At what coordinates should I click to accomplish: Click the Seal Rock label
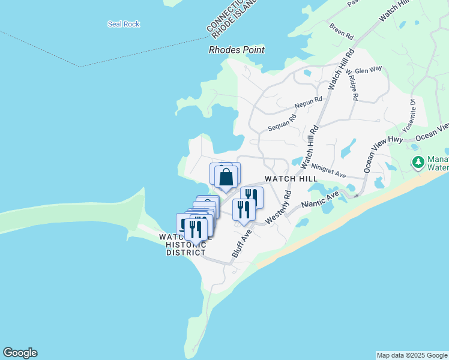click(x=124, y=24)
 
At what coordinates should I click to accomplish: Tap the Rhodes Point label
click(x=237, y=50)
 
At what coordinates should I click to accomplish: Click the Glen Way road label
click(x=369, y=70)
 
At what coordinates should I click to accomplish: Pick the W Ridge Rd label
click(x=352, y=84)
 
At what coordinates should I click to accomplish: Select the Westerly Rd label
click(x=278, y=208)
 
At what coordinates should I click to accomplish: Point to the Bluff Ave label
click(x=241, y=244)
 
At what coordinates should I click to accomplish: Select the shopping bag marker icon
click(x=226, y=177)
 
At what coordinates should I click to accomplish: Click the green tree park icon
click(x=418, y=162)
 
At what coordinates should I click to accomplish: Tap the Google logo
click(x=20, y=353)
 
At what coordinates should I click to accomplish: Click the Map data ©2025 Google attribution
click(x=412, y=355)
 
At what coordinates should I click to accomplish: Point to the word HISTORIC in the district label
click(x=186, y=245)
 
